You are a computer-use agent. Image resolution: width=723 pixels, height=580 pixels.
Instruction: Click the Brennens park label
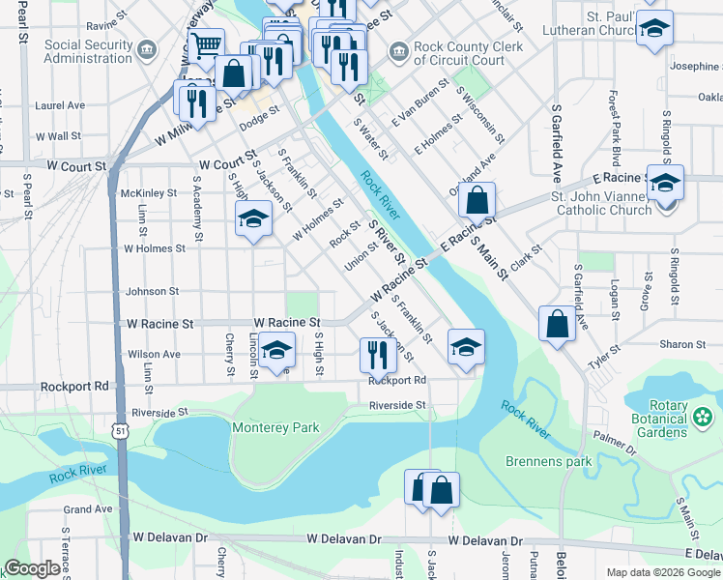coord(548,461)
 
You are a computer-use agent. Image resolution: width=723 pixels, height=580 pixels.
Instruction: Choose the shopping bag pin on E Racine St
coord(477,200)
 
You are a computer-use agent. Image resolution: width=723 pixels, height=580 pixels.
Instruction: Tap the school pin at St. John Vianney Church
coord(665,182)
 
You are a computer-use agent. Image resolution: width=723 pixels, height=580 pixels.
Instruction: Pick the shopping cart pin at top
coord(206,43)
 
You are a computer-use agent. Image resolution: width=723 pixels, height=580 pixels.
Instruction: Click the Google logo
coord(32,569)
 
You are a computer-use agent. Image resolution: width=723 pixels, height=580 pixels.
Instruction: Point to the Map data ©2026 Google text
coord(663,572)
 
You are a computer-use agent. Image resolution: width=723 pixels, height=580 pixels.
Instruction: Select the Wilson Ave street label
coord(154,355)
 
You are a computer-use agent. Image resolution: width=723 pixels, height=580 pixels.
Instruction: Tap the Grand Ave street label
coord(88,509)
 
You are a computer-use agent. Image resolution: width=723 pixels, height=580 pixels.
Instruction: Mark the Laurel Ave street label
coord(60,105)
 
